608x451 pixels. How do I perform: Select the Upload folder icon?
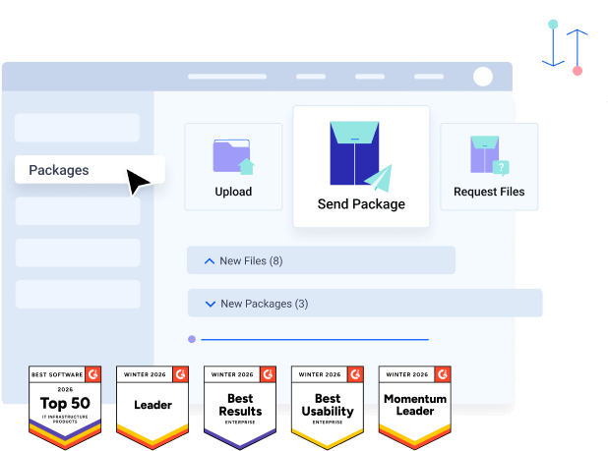pos(233,155)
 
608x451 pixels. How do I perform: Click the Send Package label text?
pos(361,204)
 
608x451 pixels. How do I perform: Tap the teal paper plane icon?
pos(378,178)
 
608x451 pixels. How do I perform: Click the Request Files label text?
pos(489,192)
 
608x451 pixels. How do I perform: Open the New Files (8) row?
pos(321,260)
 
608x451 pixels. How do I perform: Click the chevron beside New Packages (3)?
pos(210,304)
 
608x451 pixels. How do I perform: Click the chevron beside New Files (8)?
pos(208,261)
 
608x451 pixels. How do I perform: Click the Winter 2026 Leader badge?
pos(152,406)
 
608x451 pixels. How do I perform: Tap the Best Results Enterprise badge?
pos(240,406)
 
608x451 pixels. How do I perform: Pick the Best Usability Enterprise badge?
pos(328,406)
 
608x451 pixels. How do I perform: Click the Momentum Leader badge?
pos(415,406)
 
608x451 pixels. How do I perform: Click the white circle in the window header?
pos(482,77)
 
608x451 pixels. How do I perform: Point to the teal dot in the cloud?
pos(553,23)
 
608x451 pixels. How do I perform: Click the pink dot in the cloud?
pos(578,71)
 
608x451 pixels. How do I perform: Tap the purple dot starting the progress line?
pos(191,340)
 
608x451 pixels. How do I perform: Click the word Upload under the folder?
pos(233,192)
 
